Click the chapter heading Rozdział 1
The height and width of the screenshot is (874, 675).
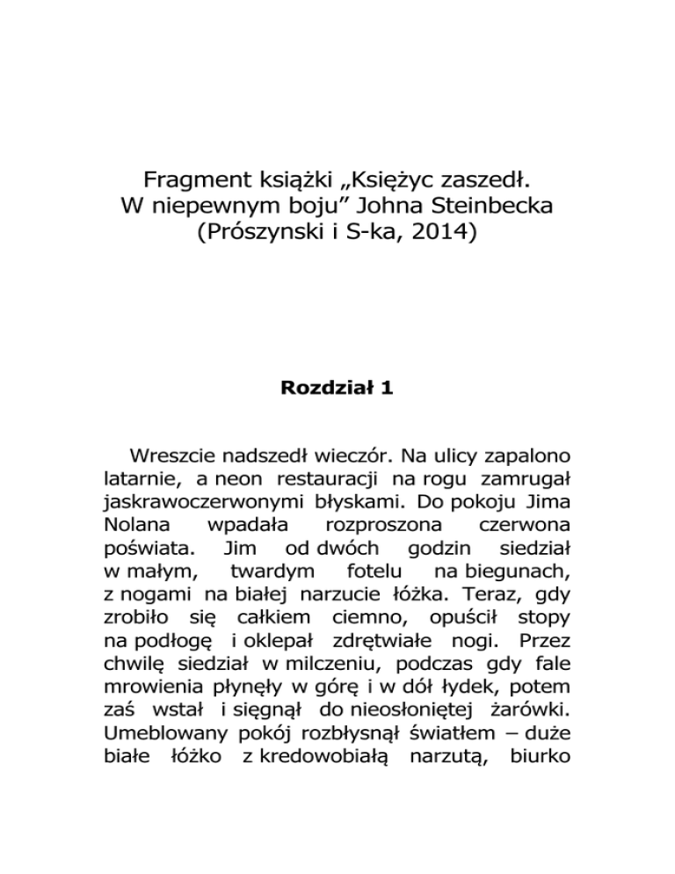[x=337, y=386]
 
